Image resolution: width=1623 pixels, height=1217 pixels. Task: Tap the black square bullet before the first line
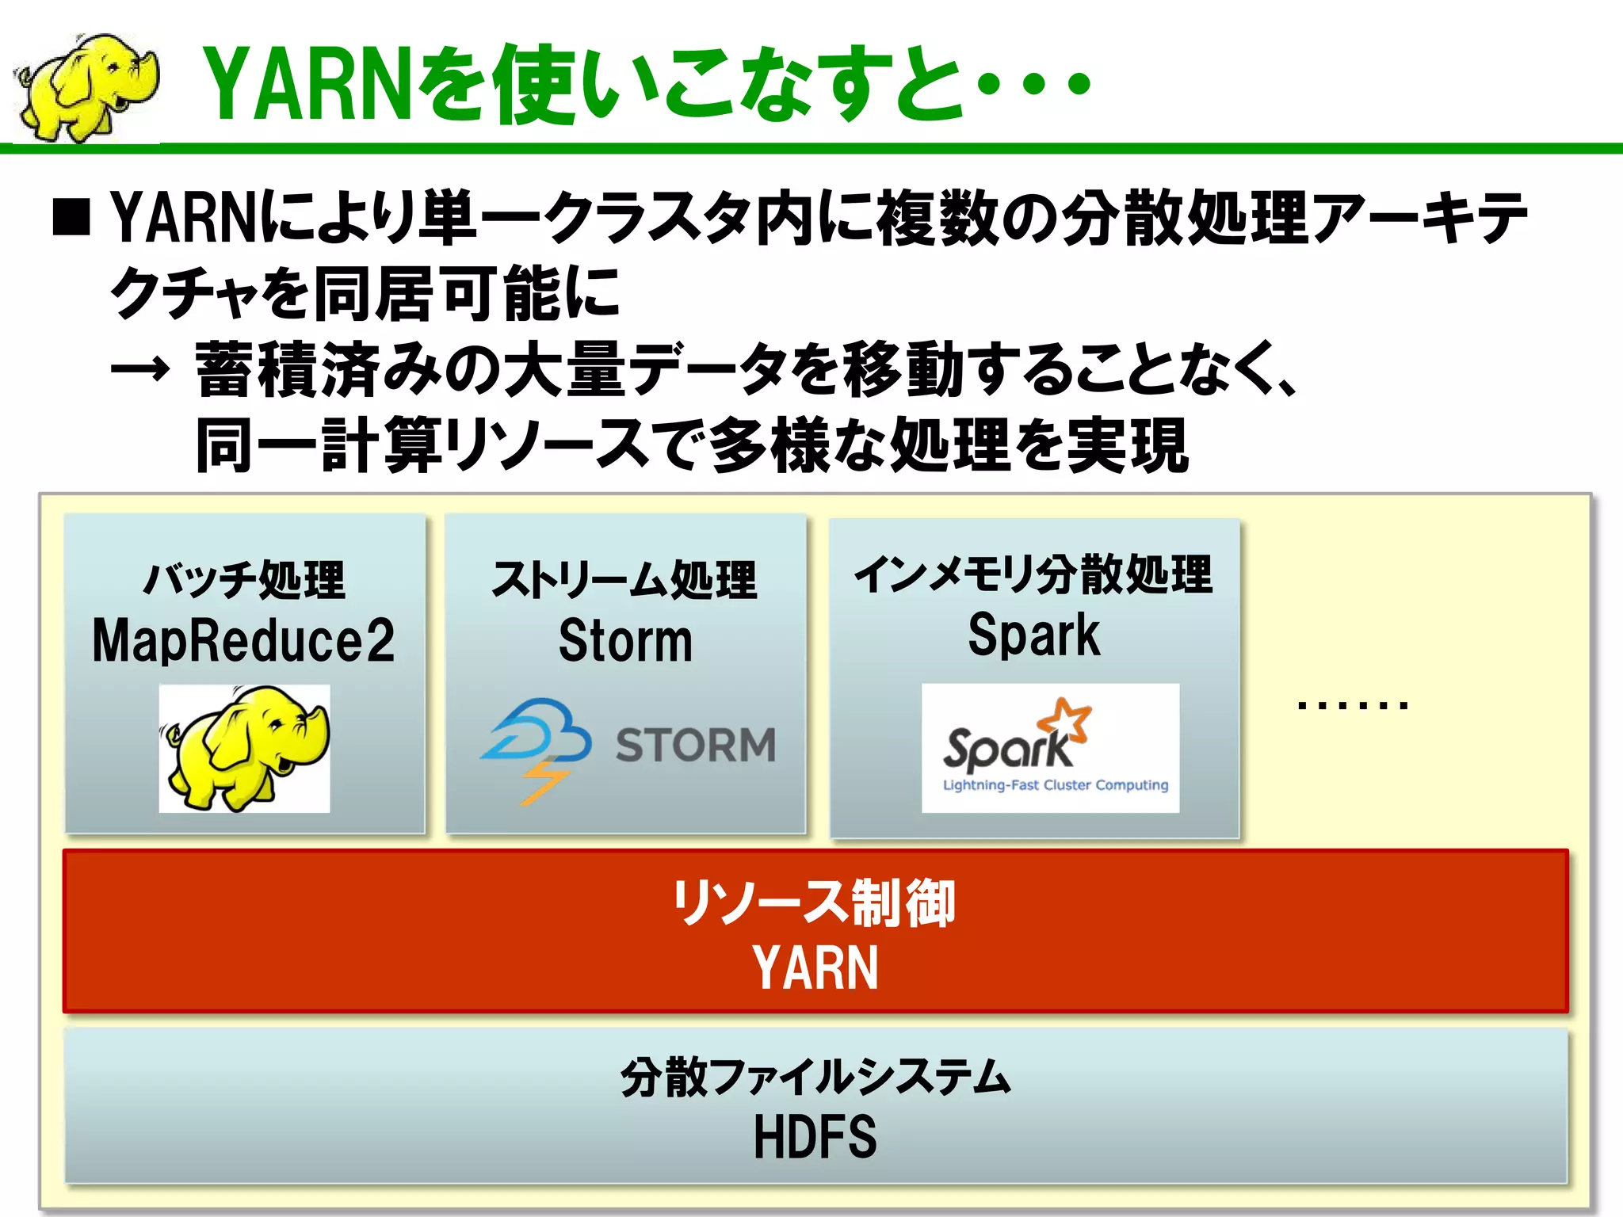point(71,218)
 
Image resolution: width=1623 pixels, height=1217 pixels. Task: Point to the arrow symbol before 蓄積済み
point(139,369)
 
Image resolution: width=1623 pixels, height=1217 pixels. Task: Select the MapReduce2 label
point(243,640)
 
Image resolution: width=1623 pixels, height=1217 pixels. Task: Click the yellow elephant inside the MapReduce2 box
point(244,748)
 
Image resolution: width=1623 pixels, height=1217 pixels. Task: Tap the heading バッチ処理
point(243,580)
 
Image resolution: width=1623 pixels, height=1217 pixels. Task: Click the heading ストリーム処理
point(624,580)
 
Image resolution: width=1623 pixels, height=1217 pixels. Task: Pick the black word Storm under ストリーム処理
point(624,640)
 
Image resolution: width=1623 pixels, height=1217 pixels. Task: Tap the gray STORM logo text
point(695,745)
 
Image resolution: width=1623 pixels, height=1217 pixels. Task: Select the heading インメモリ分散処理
point(1033,574)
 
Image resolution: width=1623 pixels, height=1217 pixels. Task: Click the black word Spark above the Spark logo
point(1033,635)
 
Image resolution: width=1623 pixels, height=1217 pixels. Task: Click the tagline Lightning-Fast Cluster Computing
point(1055,785)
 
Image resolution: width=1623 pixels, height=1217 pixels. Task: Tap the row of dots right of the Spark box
point(1352,704)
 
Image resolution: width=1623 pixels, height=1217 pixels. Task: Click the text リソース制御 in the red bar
point(814,903)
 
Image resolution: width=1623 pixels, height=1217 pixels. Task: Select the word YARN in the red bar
point(815,967)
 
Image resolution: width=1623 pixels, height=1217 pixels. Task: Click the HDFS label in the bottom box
point(815,1137)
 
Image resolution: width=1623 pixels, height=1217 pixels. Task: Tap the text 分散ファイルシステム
point(815,1078)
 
